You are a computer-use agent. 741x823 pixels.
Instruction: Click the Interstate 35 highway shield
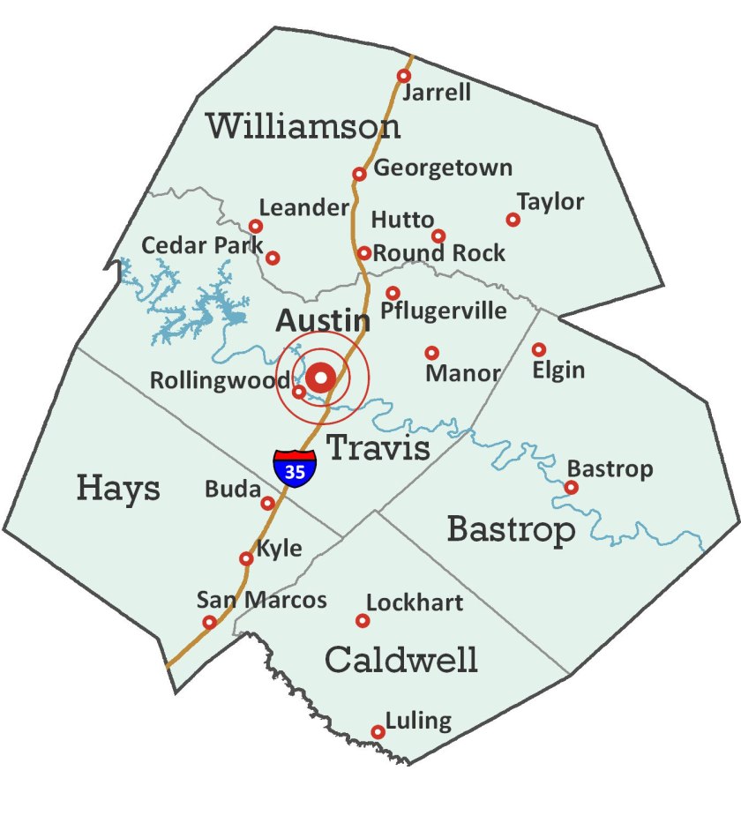point(295,468)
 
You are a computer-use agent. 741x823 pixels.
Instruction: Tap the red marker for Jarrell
point(404,76)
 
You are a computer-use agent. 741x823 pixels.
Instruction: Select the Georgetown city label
point(443,168)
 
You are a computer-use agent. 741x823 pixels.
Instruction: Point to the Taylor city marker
point(513,220)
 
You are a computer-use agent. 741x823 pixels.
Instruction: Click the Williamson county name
point(303,126)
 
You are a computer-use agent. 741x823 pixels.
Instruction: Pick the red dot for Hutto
point(438,236)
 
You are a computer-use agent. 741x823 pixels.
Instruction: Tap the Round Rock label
point(439,253)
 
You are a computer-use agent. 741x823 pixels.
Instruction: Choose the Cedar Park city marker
point(273,258)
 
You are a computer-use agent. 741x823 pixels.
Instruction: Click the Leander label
point(303,208)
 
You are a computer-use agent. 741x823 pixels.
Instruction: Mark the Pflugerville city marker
point(393,293)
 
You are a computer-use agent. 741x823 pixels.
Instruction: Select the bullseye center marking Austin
point(321,378)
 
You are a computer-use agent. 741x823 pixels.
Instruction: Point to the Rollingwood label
point(220,381)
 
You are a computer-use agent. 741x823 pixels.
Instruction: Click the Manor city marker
point(431,353)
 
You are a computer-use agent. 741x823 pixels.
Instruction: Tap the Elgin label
point(558,370)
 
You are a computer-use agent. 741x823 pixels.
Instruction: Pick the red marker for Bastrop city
point(571,487)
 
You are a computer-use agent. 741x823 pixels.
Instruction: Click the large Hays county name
point(118,487)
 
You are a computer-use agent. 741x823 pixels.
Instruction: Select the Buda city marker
point(267,503)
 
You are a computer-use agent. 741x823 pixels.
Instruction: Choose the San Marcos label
point(261,601)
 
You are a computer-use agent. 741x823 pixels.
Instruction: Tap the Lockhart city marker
point(362,621)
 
